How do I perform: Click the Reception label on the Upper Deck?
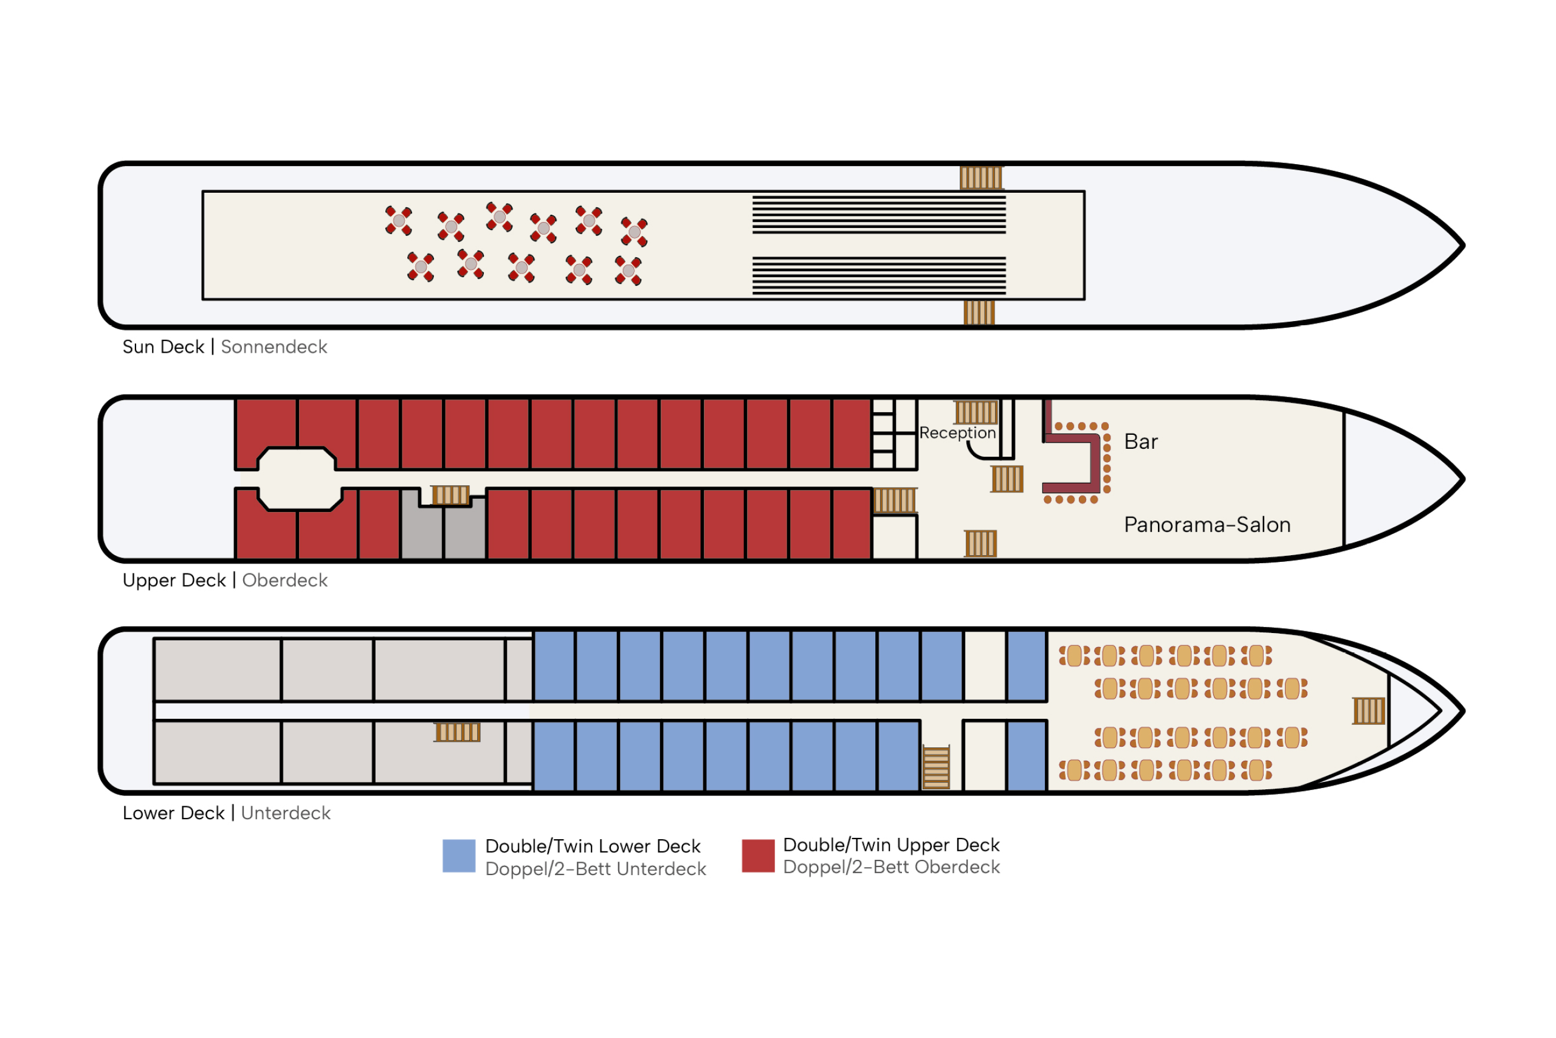tap(957, 433)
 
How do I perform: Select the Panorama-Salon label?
tap(1207, 524)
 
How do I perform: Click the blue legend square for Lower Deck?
tap(459, 856)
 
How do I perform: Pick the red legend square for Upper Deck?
tap(758, 856)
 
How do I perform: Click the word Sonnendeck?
tap(274, 347)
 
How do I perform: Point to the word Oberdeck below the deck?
tap(284, 580)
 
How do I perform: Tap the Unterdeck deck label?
tap(286, 813)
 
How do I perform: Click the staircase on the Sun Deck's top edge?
tap(981, 178)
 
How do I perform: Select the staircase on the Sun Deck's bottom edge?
tap(979, 313)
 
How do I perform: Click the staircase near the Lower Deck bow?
tap(1369, 711)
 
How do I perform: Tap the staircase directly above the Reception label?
tap(976, 412)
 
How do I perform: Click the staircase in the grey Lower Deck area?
tap(457, 732)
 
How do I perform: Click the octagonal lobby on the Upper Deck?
tap(299, 479)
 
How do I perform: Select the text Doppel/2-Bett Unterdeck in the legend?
tap(596, 868)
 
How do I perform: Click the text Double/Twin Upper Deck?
tap(891, 845)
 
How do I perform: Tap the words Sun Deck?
tap(164, 347)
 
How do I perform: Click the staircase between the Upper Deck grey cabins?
tap(450, 495)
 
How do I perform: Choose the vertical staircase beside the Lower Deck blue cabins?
tap(936, 767)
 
